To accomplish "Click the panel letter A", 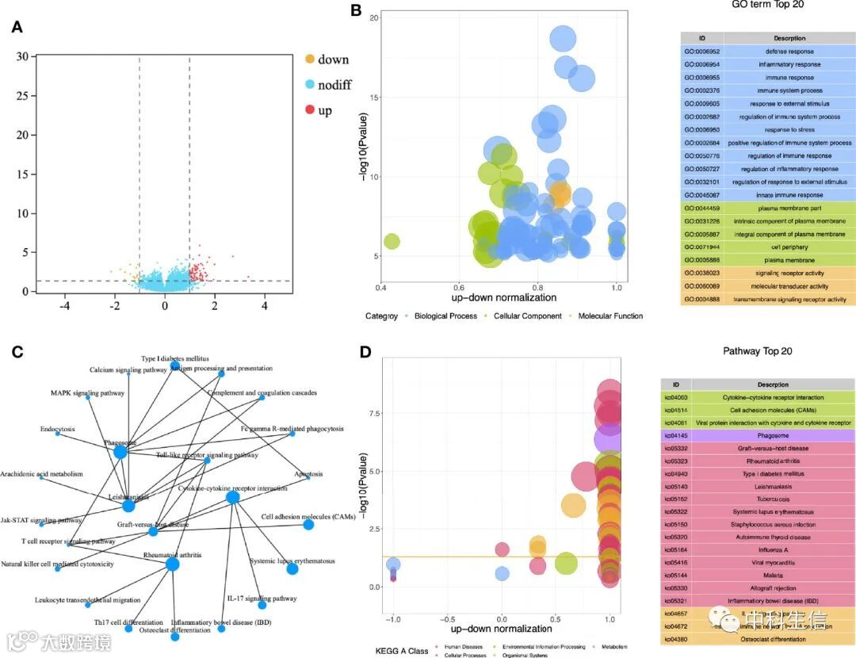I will click(x=17, y=28).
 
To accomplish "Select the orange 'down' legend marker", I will click(x=310, y=59).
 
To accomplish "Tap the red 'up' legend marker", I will click(x=310, y=110).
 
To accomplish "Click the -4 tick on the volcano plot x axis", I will click(x=65, y=305).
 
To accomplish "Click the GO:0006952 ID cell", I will click(x=701, y=51).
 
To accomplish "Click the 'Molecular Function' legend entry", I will click(x=610, y=316).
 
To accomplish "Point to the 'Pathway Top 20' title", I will click(x=758, y=351).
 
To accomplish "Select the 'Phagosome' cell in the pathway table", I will click(x=757, y=435).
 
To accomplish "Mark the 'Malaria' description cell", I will click(x=757, y=576).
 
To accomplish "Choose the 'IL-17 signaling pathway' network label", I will click(x=262, y=599).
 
